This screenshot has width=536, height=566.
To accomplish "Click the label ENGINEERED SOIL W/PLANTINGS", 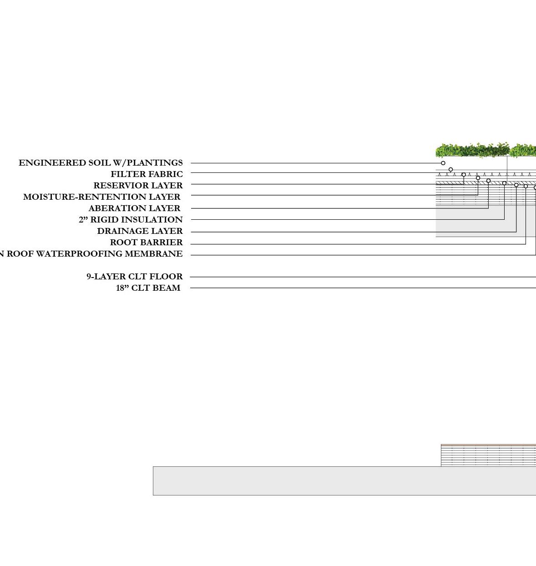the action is (101, 163).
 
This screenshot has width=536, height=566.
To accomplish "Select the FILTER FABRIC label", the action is (147, 174).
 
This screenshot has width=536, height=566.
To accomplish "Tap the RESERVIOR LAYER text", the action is (138, 186).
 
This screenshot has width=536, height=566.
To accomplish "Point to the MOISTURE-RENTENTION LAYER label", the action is (101, 197).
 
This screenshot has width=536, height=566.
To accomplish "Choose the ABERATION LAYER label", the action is (134, 208).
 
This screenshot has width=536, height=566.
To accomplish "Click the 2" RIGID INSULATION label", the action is (131, 220).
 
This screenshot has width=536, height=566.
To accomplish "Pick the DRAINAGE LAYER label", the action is (140, 231).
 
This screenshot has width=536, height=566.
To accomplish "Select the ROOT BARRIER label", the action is (146, 243).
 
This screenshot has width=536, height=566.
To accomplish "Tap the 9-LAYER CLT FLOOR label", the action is (135, 277).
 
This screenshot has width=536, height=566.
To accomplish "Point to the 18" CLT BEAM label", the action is (148, 288).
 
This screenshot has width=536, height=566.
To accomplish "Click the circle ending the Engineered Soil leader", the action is (443, 163).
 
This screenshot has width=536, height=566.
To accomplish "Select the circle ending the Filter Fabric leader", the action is (450, 169).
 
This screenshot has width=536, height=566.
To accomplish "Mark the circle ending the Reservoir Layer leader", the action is (464, 175).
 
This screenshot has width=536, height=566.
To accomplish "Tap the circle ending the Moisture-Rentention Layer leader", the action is (478, 178).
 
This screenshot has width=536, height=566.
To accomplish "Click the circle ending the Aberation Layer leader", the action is (488, 181).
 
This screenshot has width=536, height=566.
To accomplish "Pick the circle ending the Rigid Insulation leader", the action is (504, 183).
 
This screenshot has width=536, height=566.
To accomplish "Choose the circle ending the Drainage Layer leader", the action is (516, 185).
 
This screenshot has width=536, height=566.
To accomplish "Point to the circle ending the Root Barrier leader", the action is (526, 186).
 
